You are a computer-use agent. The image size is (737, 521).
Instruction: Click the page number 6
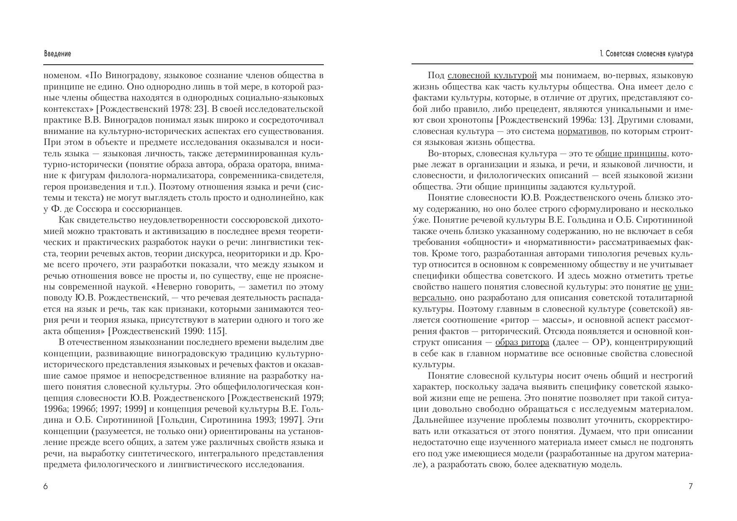click(46, 487)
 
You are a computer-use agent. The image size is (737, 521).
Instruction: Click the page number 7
click(690, 487)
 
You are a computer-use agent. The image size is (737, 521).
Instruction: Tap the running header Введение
click(58, 54)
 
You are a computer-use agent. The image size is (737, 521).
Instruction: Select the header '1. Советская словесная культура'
click(646, 54)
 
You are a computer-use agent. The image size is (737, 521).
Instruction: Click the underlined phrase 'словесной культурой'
click(492, 76)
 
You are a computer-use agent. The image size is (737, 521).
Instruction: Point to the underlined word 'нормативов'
click(582, 132)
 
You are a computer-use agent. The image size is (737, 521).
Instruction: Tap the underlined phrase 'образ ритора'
click(522, 342)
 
